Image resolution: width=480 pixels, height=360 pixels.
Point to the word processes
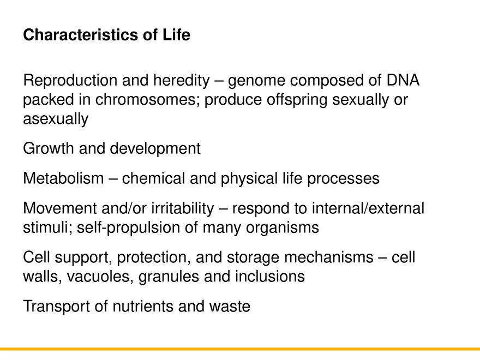click(344, 178)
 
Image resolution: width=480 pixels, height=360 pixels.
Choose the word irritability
click(178, 208)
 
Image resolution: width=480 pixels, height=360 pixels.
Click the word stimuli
click(46, 227)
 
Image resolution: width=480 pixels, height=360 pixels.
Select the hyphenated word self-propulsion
click(129, 227)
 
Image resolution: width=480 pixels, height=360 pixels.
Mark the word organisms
click(281, 227)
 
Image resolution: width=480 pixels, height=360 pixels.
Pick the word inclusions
click(269, 277)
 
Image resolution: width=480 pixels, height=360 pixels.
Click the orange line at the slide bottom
click(240, 349)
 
